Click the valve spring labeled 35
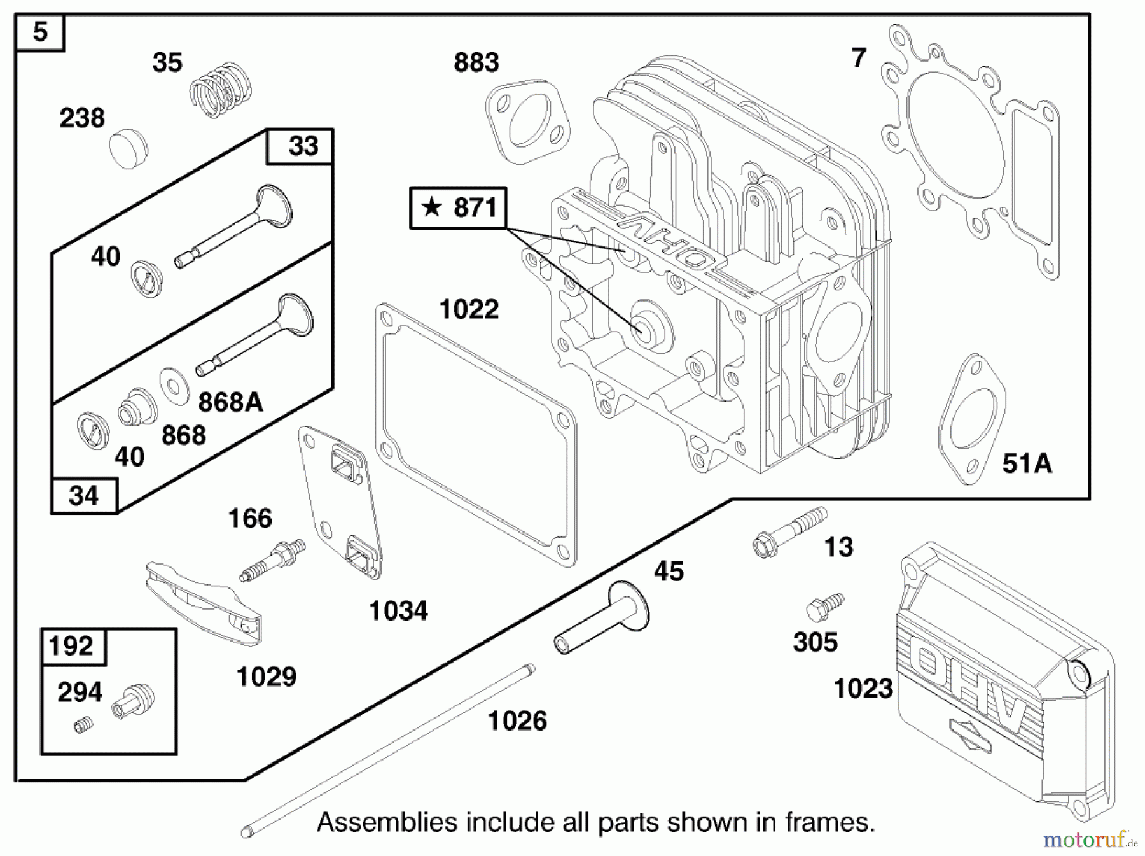(221, 90)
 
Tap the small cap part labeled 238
(128, 148)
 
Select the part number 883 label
(476, 63)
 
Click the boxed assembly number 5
(39, 32)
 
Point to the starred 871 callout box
(458, 207)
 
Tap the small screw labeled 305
(823, 608)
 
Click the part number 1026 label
(517, 721)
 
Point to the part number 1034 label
(398, 611)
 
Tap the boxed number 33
(303, 146)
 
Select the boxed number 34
(84, 496)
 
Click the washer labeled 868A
(174, 385)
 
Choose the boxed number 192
(71, 646)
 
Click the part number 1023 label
(863, 689)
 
